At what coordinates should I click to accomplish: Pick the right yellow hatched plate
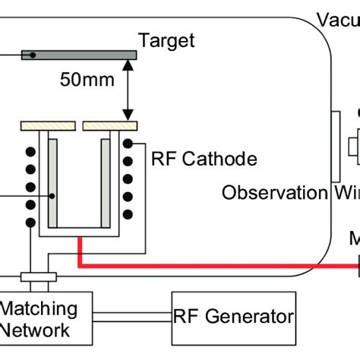pyautogui.click(x=110, y=124)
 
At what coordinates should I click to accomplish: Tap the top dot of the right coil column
pyautogui.click(x=128, y=144)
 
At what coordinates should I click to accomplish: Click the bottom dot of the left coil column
pyautogui.click(x=31, y=223)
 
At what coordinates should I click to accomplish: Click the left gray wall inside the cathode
pyautogui.click(x=52, y=182)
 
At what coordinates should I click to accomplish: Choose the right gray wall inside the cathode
pyautogui.click(x=105, y=182)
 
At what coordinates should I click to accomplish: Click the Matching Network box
pyautogui.click(x=46, y=319)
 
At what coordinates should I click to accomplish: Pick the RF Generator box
pyautogui.click(x=233, y=316)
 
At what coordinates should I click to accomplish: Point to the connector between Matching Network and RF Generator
pyautogui.click(x=131, y=316)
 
